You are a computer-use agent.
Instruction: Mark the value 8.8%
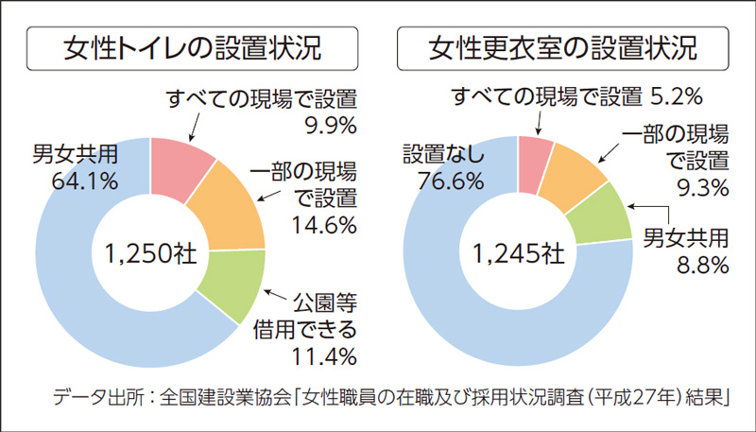click(x=704, y=265)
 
